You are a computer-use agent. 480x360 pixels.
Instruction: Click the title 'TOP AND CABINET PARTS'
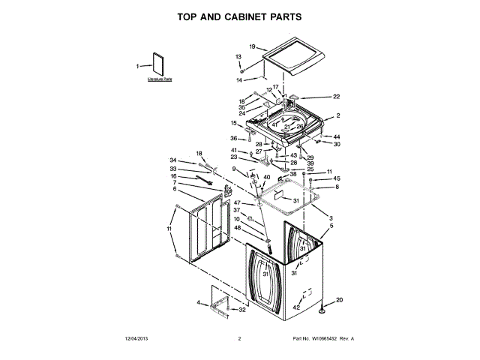tap(240, 15)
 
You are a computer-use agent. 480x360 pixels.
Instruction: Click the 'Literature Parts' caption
tap(160, 79)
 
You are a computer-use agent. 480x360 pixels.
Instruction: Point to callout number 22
tap(337, 97)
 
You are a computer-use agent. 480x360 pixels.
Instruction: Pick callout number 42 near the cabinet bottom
tap(296, 307)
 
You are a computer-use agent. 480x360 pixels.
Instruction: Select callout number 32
tap(241, 309)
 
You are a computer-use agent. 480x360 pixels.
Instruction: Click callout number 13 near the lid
tap(238, 57)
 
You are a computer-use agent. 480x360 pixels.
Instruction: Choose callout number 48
tap(238, 227)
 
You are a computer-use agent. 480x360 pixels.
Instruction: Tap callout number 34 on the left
tap(172, 160)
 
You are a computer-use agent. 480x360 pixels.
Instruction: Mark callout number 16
tap(173, 176)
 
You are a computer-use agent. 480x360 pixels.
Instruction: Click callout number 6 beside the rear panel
tap(174, 189)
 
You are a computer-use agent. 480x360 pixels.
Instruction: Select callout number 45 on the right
tap(337, 178)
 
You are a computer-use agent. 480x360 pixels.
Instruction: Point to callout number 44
tap(337, 136)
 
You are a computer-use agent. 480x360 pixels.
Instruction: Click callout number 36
tap(233, 138)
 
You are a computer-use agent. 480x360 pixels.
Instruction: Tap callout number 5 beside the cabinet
tap(331, 225)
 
